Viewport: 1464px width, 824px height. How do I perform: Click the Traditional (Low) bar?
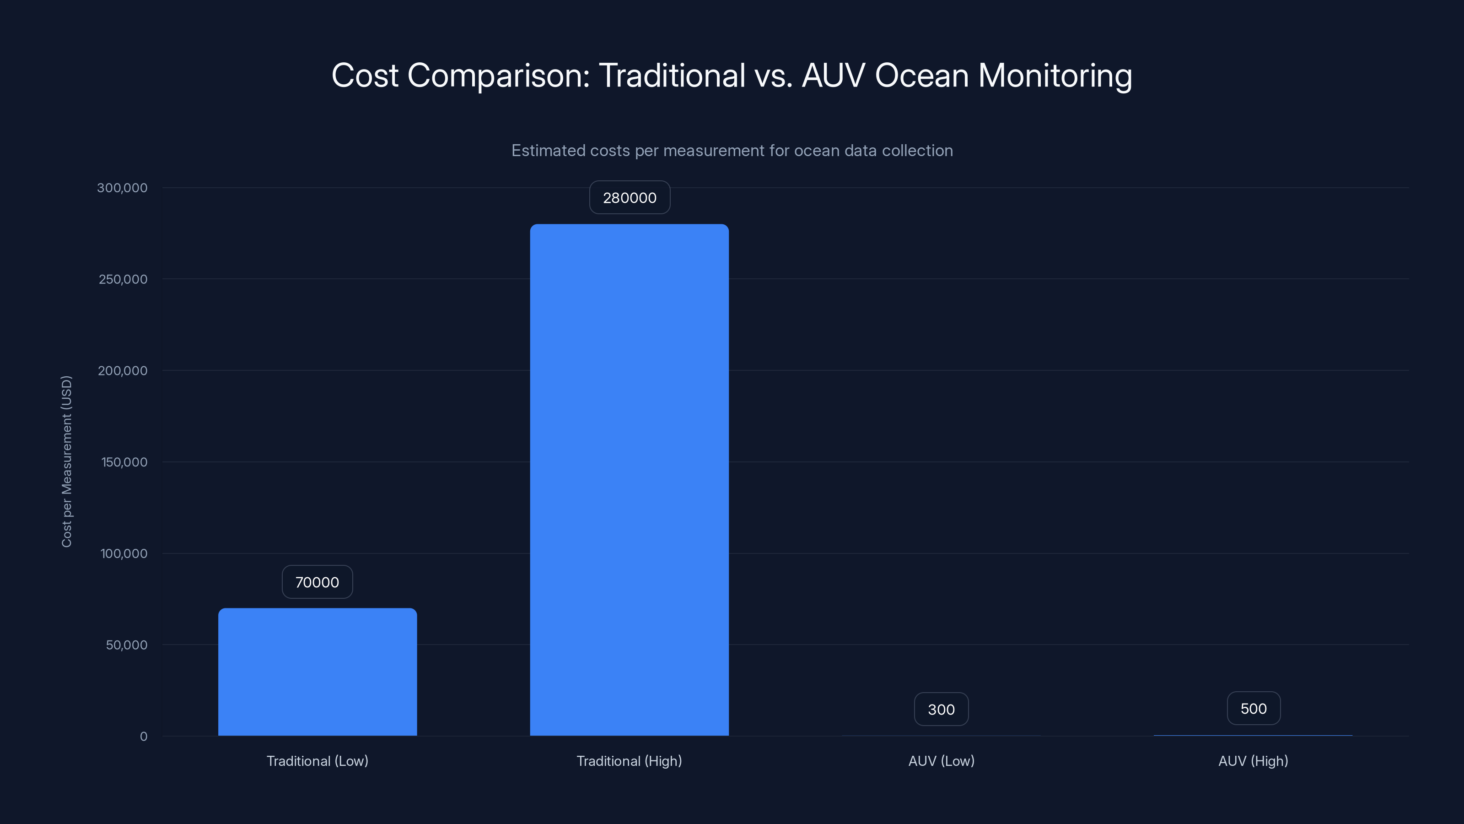coord(317,672)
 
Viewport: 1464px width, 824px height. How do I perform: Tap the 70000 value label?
coord(317,582)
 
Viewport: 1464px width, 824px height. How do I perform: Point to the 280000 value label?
coord(629,197)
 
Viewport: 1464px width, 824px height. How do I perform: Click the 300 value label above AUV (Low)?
coord(941,709)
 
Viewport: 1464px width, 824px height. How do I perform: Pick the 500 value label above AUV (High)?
coord(1253,708)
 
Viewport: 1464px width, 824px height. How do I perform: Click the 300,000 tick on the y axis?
coord(122,188)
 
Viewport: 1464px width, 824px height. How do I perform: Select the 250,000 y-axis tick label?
coord(123,279)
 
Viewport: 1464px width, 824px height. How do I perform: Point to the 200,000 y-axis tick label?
coord(123,371)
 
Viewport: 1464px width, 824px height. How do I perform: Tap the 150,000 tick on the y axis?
coord(124,462)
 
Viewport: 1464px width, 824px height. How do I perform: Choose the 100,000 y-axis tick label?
coord(124,553)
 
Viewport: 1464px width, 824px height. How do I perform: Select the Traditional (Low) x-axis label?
coord(317,761)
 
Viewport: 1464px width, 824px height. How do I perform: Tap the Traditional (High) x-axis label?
coord(629,761)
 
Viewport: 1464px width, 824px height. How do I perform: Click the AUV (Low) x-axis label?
coord(941,761)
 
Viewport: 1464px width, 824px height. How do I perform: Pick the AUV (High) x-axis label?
coord(1253,761)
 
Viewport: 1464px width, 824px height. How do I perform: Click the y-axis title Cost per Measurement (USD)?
coord(66,461)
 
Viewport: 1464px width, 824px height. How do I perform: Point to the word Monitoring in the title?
coord(1055,76)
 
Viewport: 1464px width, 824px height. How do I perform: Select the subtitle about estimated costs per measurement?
coord(732,151)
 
